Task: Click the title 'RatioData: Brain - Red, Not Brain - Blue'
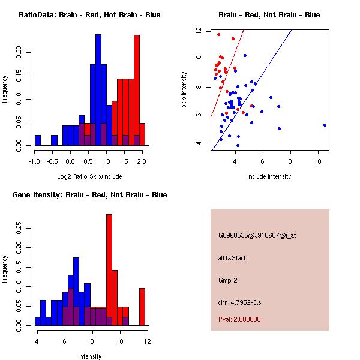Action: [x=89, y=14]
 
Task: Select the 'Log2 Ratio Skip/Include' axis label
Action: [x=89, y=176]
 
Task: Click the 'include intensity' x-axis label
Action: [x=269, y=176]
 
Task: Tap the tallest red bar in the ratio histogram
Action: [x=136, y=90]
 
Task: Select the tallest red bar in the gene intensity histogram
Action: [x=109, y=270]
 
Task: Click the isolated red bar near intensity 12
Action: [x=142, y=307]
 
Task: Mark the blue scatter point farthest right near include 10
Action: [x=325, y=125]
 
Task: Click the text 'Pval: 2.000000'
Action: [x=240, y=319]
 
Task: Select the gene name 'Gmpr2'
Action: [x=228, y=280]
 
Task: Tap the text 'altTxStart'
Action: [x=232, y=258]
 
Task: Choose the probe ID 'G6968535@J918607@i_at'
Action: [x=257, y=235]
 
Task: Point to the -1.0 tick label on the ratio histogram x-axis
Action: [x=35, y=161]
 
